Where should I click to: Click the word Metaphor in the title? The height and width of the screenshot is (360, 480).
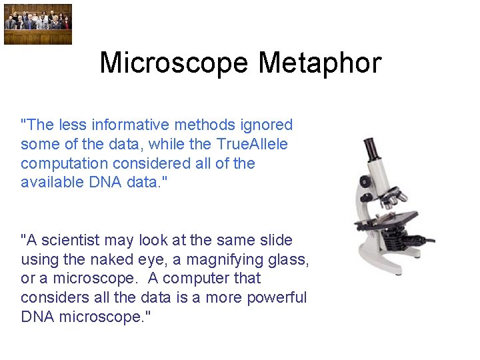319,63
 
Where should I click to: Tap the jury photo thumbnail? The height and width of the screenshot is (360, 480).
37,25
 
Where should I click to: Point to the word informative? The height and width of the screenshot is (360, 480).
131,125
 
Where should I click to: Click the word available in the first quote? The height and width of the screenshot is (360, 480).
53,182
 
